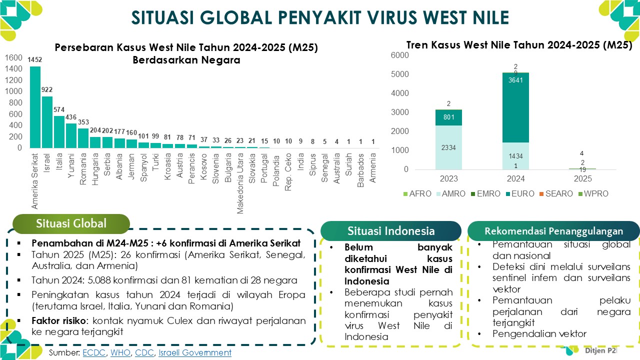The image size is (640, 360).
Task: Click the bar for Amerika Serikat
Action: tap(35, 107)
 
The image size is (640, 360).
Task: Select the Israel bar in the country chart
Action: tap(47, 122)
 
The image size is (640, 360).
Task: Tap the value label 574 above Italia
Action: tap(59, 110)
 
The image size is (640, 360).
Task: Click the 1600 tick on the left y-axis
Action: tap(13, 57)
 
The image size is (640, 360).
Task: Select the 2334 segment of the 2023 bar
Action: tap(448, 147)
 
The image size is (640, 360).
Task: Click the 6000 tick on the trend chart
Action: tap(399, 55)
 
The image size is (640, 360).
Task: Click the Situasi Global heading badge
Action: tap(71, 223)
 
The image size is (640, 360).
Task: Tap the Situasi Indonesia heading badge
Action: tap(391, 231)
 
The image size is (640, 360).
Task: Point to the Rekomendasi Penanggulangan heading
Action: tap(553, 231)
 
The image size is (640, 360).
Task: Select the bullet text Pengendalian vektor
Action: tap(539, 334)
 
